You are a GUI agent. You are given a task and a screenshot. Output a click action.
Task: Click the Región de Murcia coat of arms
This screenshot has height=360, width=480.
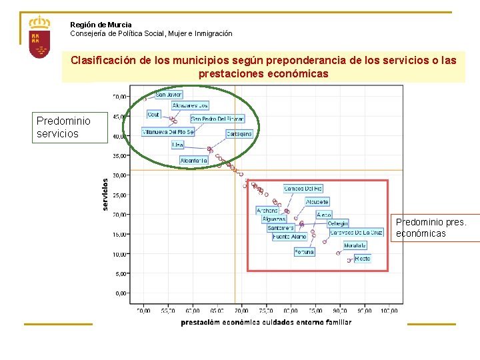(x=40, y=39)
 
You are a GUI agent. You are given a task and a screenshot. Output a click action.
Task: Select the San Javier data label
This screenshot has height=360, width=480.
(x=169, y=95)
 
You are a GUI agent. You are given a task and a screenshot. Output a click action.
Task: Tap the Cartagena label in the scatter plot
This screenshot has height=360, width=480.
(x=239, y=133)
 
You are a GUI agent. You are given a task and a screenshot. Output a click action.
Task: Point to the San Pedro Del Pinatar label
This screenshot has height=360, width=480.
(x=217, y=119)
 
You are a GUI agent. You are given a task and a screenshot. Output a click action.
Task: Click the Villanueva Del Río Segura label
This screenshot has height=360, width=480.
(x=168, y=132)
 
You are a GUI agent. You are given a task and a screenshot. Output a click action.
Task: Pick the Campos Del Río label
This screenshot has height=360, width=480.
(x=303, y=189)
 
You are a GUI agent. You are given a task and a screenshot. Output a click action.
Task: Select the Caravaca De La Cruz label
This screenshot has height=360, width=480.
(x=357, y=232)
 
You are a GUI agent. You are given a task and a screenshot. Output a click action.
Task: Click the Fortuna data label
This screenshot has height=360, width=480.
(x=304, y=252)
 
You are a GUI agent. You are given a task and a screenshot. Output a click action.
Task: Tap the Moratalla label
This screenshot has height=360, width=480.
(x=355, y=245)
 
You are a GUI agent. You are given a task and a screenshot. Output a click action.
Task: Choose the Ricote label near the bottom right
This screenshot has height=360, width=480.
(x=362, y=258)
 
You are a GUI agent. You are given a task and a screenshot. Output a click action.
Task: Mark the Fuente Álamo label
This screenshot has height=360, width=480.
(x=289, y=237)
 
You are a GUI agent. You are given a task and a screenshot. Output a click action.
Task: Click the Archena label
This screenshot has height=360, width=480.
(x=267, y=211)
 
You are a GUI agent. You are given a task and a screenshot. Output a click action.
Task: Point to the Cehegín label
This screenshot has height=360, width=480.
(x=337, y=223)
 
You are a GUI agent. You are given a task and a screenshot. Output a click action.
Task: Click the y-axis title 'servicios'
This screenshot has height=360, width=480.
(x=105, y=193)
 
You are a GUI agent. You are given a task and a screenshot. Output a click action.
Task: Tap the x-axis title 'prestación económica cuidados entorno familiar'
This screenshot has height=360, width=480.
(x=266, y=323)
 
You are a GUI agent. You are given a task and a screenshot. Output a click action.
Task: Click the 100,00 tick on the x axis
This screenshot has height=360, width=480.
(x=389, y=310)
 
